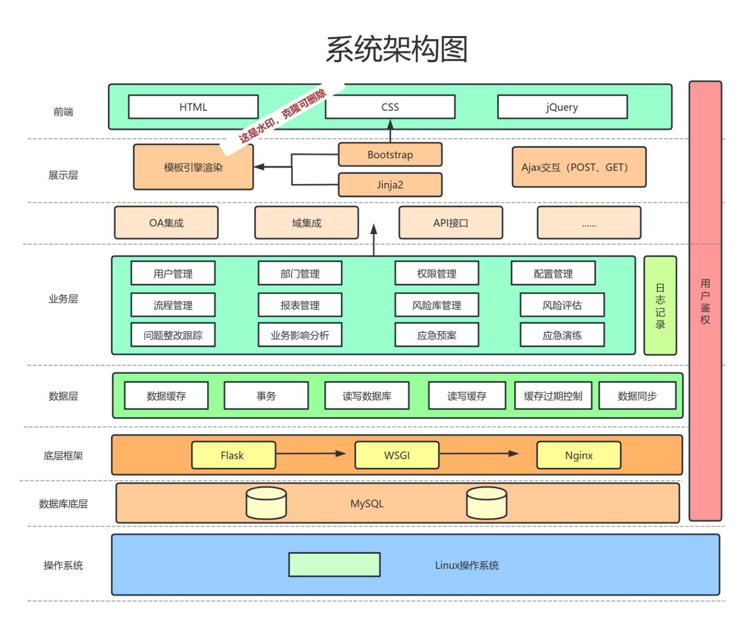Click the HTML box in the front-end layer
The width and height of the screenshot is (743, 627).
[x=193, y=107]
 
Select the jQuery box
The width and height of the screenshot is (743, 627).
[x=562, y=107]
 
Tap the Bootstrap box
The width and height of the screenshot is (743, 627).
[x=390, y=155]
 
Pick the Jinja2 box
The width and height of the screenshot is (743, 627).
[x=390, y=185]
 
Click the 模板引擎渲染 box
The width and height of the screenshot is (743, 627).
[x=193, y=168]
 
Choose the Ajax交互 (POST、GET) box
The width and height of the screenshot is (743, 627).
[x=579, y=167]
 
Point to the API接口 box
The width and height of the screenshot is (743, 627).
[x=450, y=223]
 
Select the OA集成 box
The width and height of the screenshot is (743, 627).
[x=166, y=223]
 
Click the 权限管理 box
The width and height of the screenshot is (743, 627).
[x=437, y=273]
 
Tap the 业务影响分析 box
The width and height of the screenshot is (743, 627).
[x=300, y=335]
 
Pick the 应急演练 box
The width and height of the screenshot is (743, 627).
[x=562, y=335]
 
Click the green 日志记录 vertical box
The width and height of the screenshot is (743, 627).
[x=660, y=306]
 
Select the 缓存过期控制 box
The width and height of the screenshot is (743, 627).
[x=553, y=396]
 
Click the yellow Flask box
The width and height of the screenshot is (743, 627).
[x=233, y=455]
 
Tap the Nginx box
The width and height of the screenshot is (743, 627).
[x=579, y=455]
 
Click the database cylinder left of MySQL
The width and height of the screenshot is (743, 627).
[x=266, y=503]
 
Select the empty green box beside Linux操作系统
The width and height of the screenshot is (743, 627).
[x=334, y=565]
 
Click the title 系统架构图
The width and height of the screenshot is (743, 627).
[x=396, y=49]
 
